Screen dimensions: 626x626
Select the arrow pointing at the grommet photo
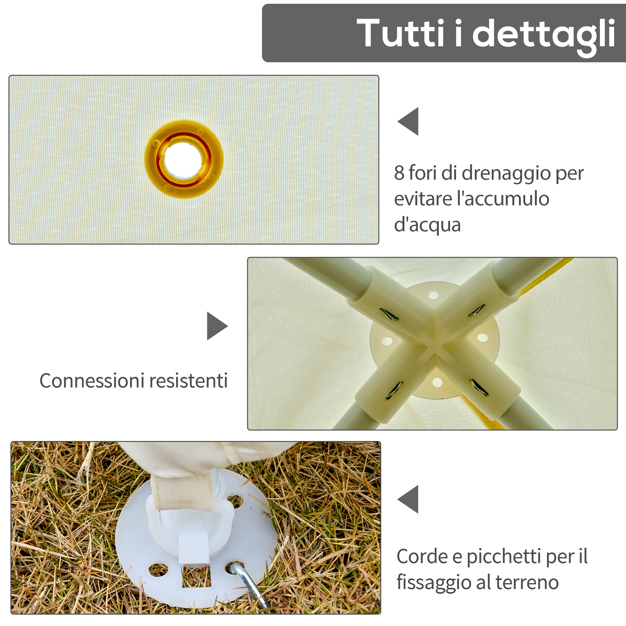[x=408, y=121]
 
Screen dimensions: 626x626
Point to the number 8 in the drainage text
[x=399, y=173]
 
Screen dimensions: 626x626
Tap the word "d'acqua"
[x=427, y=224]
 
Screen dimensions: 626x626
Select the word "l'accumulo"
[x=503, y=198]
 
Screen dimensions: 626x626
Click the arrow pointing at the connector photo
[x=218, y=326]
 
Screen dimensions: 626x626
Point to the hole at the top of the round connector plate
[x=433, y=295]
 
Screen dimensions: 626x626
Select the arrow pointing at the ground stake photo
[x=408, y=499]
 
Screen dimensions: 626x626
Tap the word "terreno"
[x=527, y=582]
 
